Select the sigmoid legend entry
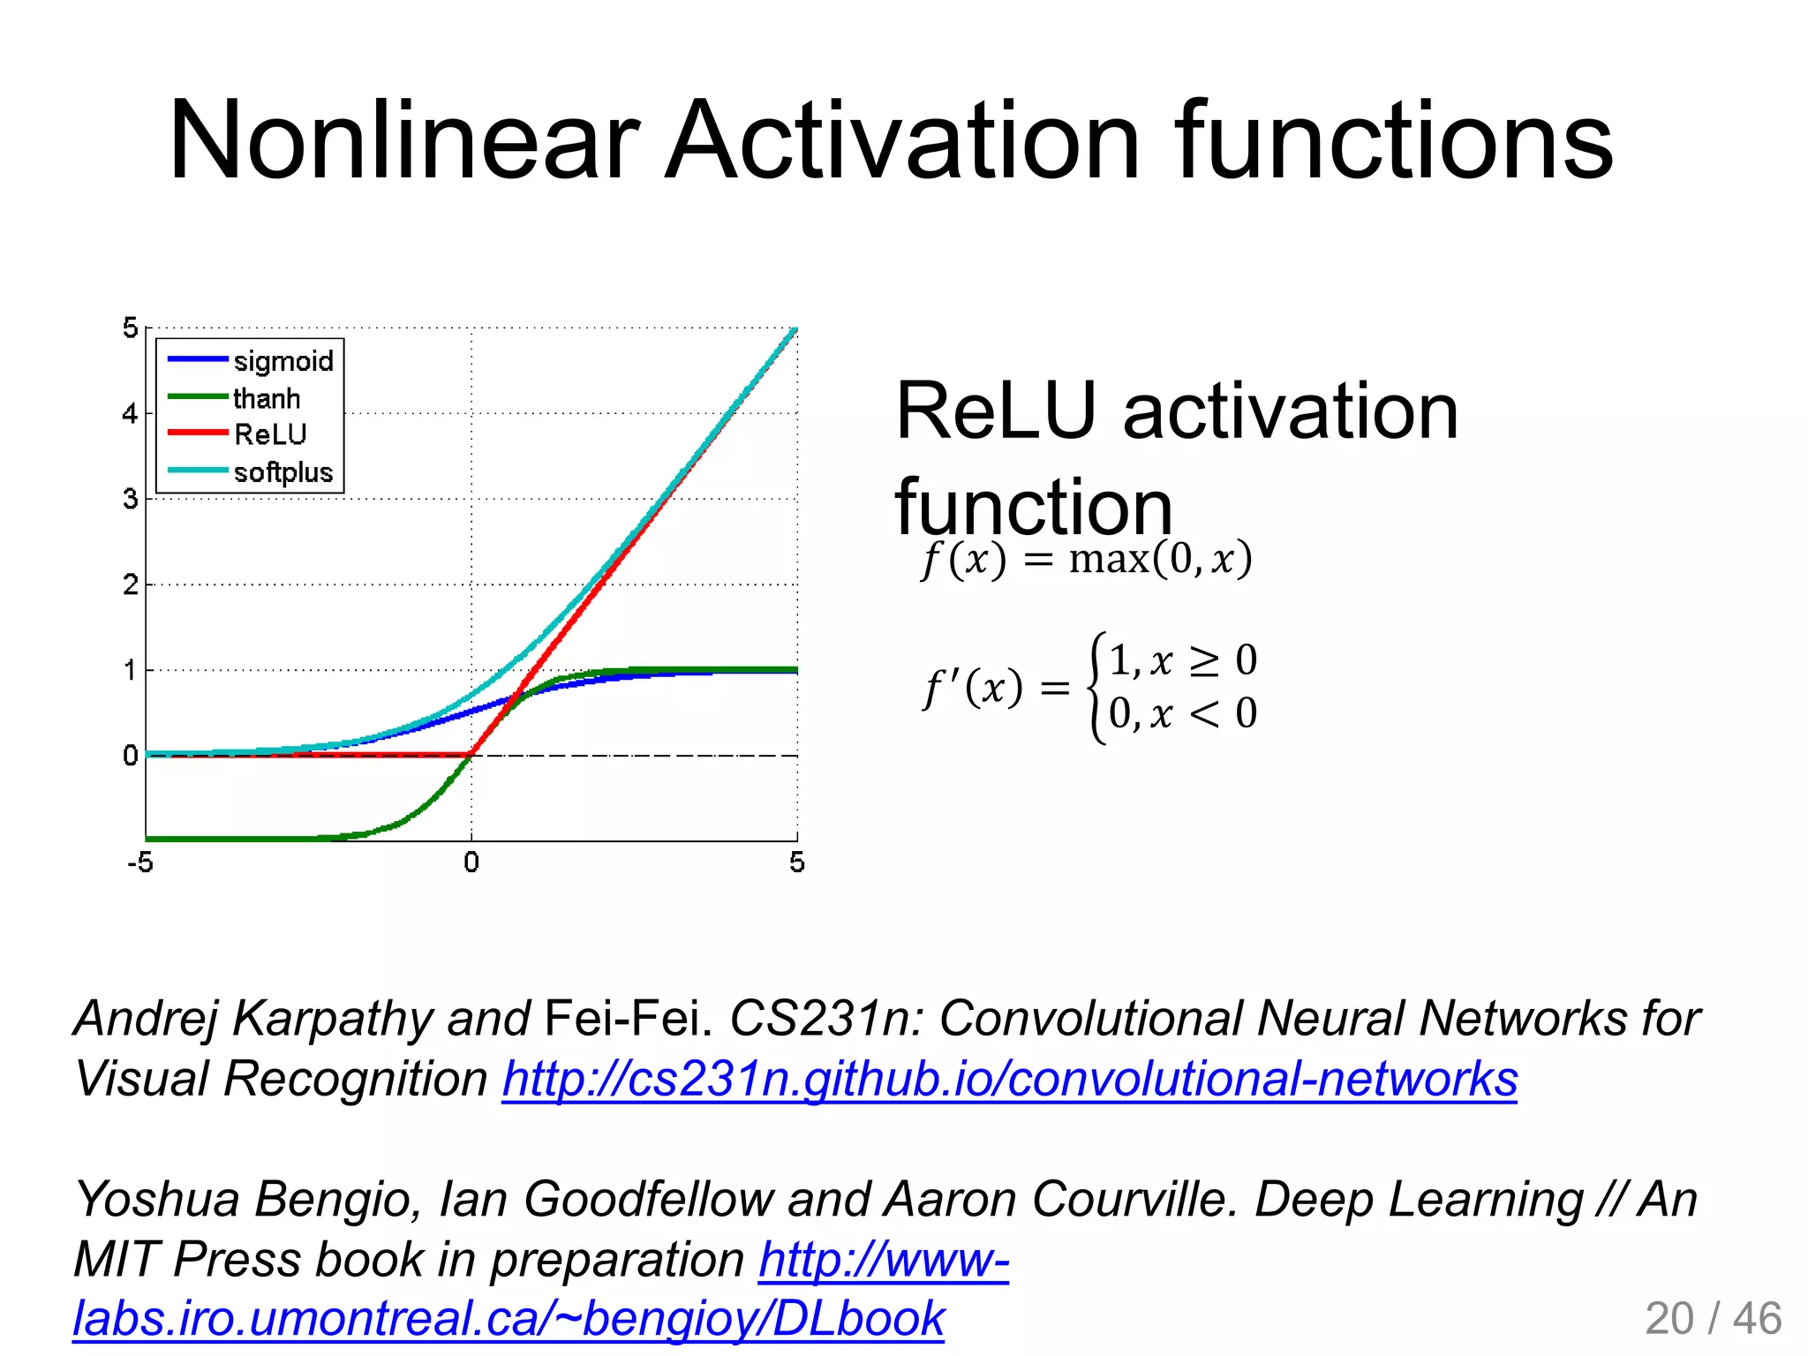(x=282, y=361)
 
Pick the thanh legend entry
(x=266, y=399)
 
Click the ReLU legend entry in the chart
(x=269, y=434)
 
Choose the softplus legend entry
(x=282, y=472)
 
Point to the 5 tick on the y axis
(x=131, y=328)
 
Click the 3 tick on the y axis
(x=131, y=499)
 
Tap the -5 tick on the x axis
(x=140, y=863)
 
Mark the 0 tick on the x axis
(x=471, y=863)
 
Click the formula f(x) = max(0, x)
(x=1086, y=560)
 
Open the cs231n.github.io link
(x=1009, y=1080)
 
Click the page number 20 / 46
(x=1713, y=1318)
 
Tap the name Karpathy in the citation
(x=332, y=1019)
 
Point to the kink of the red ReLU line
(x=471, y=755)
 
